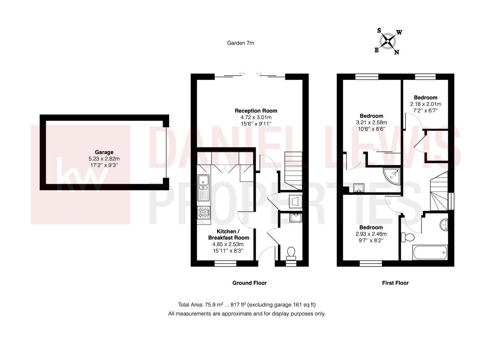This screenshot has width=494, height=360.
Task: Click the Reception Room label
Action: coord(256,111)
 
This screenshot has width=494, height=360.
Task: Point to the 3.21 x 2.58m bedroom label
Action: coord(371,116)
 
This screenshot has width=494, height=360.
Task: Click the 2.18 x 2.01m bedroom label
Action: coord(426,98)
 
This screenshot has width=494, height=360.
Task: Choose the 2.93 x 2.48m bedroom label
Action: coord(371,227)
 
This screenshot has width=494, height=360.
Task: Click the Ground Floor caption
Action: coord(249,283)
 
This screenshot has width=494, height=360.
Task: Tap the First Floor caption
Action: coord(395,283)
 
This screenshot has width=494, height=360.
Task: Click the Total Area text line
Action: coord(247,305)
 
